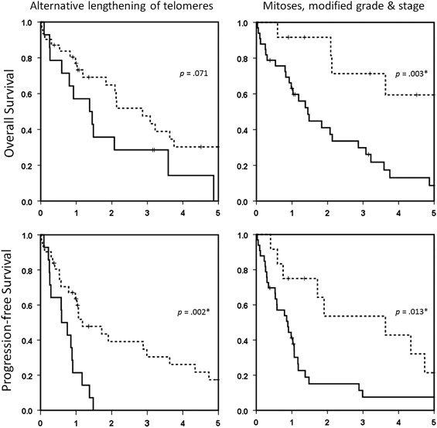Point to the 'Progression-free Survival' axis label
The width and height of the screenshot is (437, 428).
pos(10,321)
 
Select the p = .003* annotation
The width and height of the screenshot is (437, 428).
pos(411,74)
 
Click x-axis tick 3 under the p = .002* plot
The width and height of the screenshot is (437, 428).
pos(147,423)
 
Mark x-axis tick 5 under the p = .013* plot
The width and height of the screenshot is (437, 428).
pos(434,423)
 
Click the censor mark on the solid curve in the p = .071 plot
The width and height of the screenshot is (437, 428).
pos(153,150)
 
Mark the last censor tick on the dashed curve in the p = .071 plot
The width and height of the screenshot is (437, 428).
pos(200,146)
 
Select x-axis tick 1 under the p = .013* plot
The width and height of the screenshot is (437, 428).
pos(292,423)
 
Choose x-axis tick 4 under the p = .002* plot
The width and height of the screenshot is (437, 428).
pos(183,423)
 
